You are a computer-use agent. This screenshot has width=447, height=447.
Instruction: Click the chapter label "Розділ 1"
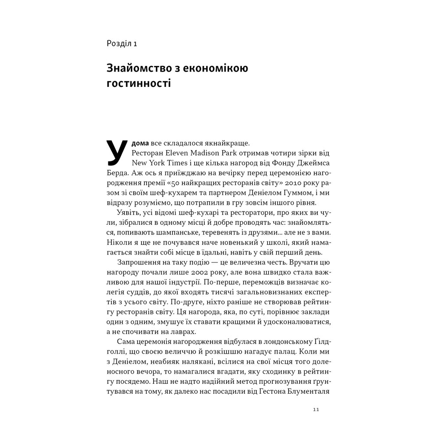click(122, 44)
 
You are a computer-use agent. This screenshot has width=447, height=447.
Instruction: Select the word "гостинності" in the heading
click(138, 83)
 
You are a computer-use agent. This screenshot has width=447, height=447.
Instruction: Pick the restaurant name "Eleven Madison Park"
click(204, 153)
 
